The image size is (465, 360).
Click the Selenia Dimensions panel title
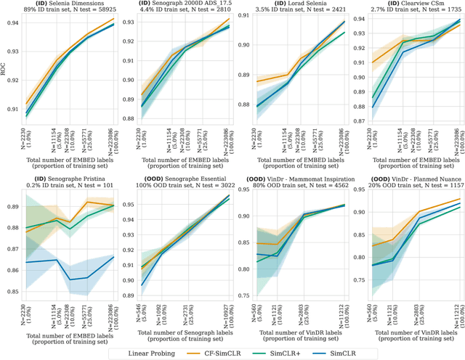point(66,4)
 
